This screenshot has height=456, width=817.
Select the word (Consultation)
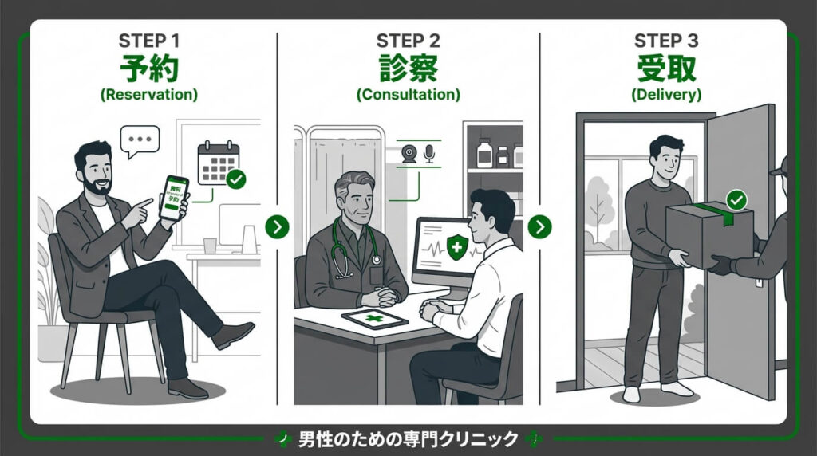click(408, 94)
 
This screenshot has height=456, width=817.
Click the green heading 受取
click(666, 69)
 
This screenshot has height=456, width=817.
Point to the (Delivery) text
click(666, 94)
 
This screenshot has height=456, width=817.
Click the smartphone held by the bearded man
click(173, 198)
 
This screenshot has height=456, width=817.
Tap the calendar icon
click(218, 163)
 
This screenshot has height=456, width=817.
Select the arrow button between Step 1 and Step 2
click(277, 226)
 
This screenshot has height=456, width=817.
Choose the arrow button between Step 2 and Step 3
click(539, 226)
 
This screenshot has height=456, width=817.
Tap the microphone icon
click(429, 154)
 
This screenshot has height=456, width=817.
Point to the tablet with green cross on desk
click(374, 319)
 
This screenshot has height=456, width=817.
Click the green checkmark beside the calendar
click(235, 179)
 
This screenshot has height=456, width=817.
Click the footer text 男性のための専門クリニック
click(408, 439)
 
